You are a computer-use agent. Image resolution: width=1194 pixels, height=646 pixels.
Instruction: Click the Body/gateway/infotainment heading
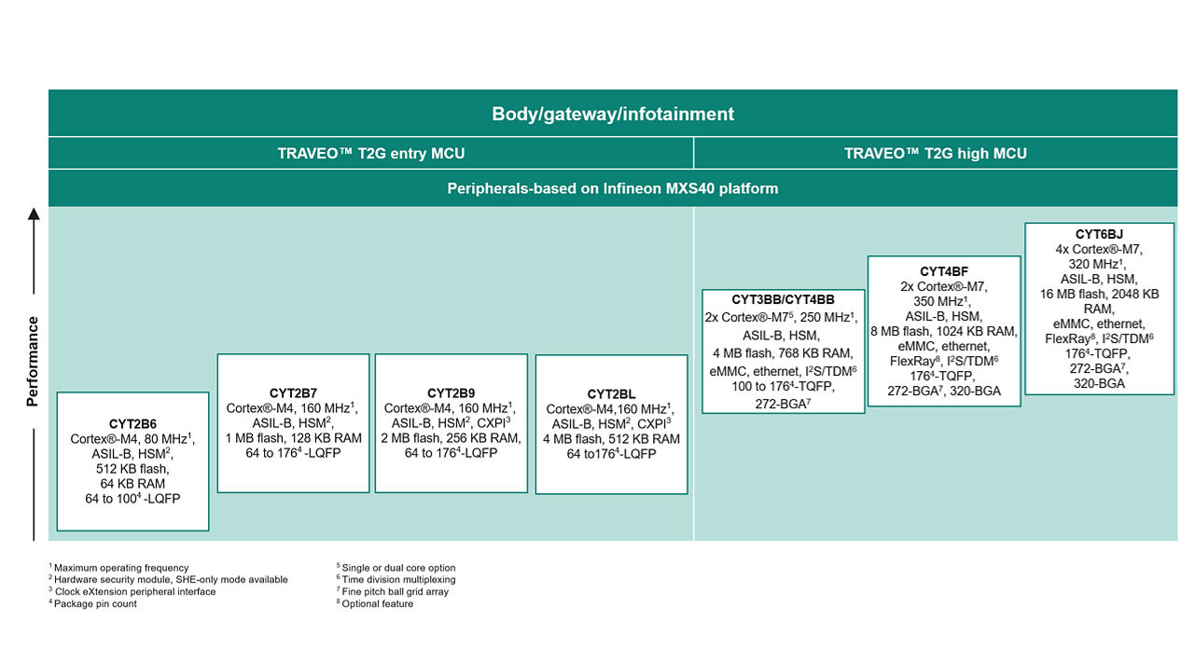(x=613, y=114)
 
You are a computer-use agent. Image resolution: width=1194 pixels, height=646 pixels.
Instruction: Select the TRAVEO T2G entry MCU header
(x=370, y=153)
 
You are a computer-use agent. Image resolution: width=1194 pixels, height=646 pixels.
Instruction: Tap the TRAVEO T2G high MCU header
(x=936, y=153)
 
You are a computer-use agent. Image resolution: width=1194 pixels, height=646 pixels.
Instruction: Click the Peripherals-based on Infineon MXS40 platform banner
(x=613, y=188)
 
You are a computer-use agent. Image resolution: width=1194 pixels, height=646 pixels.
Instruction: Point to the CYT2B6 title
(x=132, y=423)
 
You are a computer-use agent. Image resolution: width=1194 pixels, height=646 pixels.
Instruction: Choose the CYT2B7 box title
(x=293, y=392)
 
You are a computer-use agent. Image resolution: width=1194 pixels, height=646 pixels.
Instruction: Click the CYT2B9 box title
(x=451, y=392)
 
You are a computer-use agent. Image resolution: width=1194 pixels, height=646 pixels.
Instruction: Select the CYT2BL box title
(x=611, y=394)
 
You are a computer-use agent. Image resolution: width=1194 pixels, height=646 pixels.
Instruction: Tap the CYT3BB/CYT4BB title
(x=783, y=300)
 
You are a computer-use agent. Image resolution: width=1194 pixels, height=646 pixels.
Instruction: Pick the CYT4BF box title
(x=944, y=271)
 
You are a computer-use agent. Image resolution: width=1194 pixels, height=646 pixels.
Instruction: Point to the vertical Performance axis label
(x=34, y=362)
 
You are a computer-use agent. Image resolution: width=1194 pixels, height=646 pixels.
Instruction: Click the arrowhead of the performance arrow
(x=34, y=213)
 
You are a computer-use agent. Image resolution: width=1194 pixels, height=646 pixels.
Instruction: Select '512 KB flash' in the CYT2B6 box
(x=132, y=469)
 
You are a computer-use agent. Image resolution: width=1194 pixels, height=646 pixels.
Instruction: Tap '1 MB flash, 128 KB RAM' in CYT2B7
(x=293, y=438)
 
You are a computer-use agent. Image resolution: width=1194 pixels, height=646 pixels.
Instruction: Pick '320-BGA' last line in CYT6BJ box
(x=1099, y=383)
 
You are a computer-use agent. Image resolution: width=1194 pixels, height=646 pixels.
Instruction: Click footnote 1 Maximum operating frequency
(x=120, y=568)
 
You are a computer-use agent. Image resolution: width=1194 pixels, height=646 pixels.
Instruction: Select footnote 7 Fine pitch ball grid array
(x=396, y=592)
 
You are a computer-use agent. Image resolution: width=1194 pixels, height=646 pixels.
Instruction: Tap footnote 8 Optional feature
(x=377, y=604)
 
